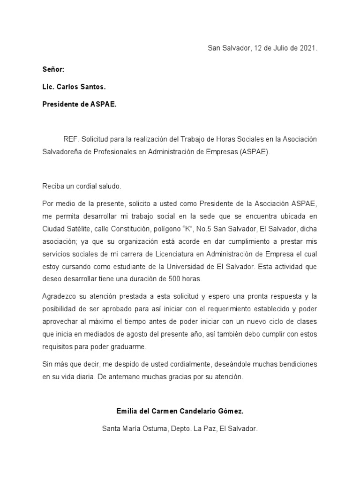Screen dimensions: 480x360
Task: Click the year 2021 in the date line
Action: [x=308, y=48]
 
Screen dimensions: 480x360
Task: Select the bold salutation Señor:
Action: [x=53, y=70]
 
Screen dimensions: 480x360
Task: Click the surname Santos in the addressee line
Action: [x=94, y=87]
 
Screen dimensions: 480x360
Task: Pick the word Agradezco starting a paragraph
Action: [x=59, y=296]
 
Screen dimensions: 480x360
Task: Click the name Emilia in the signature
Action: [x=127, y=411]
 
